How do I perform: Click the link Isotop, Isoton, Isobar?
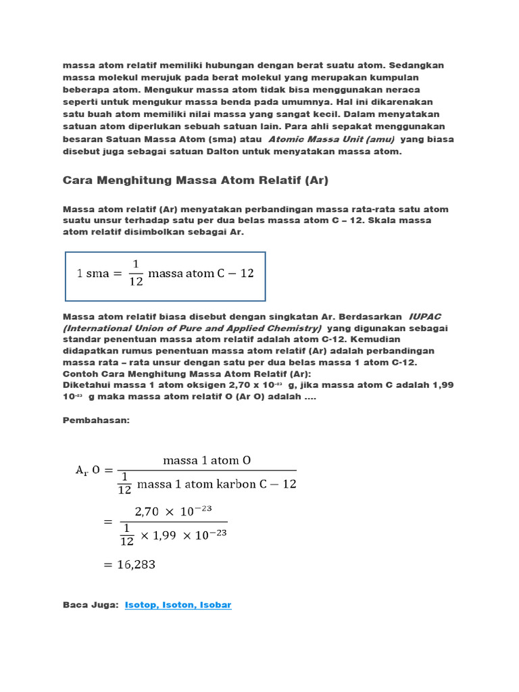pyautogui.click(x=178, y=605)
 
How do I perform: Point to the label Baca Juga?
pyautogui.click(x=91, y=605)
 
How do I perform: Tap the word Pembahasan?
pyautogui.click(x=95, y=420)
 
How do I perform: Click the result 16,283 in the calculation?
pyautogui.click(x=131, y=564)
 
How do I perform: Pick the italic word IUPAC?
pyautogui.click(x=424, y=316)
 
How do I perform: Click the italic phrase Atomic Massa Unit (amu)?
pyautogui.click(x=332, y=139)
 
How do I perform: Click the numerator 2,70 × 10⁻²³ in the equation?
pyautogui.click(x=174, y=512)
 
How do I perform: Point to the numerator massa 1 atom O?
pyautogui.click(x=207, y=460)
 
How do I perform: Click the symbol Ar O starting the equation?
pyautogui.click(x=88, y=470)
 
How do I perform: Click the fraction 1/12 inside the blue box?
pyautogui.click(x=136, y=273)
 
